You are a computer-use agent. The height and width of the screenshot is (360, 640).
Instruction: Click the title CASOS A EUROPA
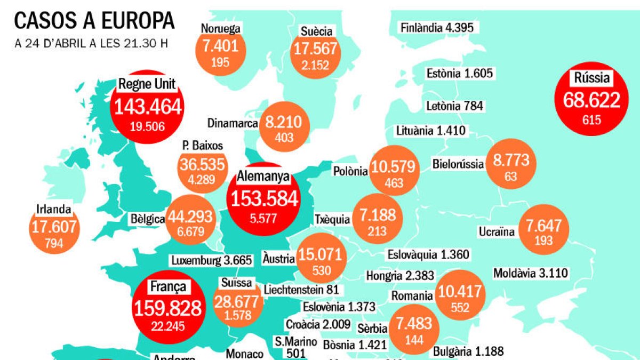94,21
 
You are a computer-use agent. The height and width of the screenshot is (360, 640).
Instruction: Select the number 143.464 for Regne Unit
146,107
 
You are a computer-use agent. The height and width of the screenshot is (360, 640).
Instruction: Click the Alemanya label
263,176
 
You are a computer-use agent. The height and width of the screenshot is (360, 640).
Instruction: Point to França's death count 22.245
167,325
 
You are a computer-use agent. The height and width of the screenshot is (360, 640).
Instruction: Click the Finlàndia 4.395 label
437,27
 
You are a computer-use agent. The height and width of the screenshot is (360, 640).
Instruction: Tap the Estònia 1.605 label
459,74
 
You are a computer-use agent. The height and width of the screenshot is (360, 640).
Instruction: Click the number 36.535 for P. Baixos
202,165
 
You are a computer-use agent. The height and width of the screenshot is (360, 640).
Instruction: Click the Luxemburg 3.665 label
211,261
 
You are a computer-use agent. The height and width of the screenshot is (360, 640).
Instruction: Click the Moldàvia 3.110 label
531,274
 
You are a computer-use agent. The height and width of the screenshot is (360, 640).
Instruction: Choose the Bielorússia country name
458,164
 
